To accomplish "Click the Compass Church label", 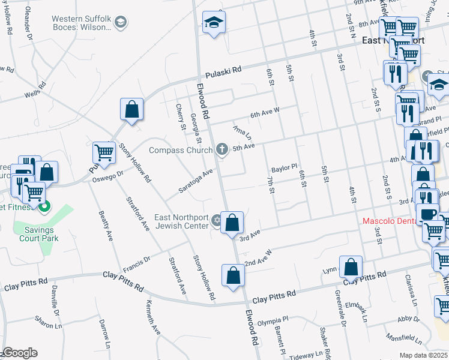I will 181,150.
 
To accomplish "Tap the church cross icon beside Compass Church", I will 222,149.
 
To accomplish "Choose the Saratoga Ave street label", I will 196,181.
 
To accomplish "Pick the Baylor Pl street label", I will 284,168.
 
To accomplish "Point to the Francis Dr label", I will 136,262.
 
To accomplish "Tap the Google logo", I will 20,353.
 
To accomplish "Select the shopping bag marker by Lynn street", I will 351,266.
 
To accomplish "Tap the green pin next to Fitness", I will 43,208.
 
